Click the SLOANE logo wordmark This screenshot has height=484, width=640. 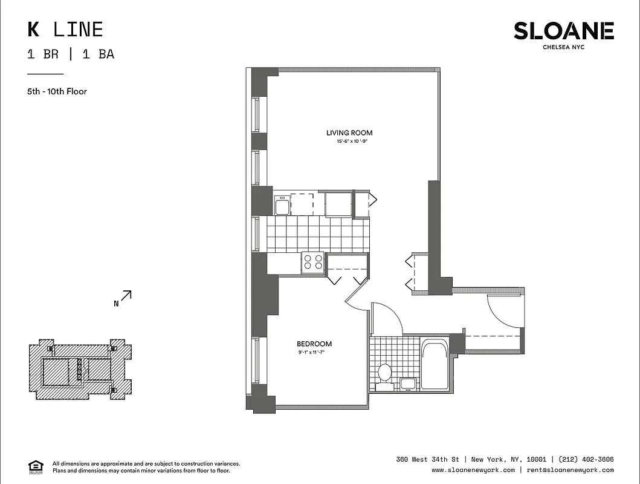(x=563, y=31)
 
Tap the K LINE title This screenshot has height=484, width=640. (x=65, y=29)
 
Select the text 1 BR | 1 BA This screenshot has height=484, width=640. (x=71, y=54)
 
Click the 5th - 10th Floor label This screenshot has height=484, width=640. (x=57, y=91)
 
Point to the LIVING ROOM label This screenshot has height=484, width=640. (x=349, y=133)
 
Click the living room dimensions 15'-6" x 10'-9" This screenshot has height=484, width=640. (x=352, y=142)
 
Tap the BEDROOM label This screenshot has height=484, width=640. (x=314, y=344)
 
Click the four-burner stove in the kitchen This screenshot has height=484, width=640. (x=313, y=262)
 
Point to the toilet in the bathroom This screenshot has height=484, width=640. (x=384, y=372)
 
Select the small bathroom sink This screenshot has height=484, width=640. (x=408, y=383)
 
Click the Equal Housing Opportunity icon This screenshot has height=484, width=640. (x=36, y=466)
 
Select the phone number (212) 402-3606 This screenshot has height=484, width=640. (x=586, y=459)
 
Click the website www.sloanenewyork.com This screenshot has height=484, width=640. (x=473, y=470)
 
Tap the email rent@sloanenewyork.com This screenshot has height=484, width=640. (x=570, y=470)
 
